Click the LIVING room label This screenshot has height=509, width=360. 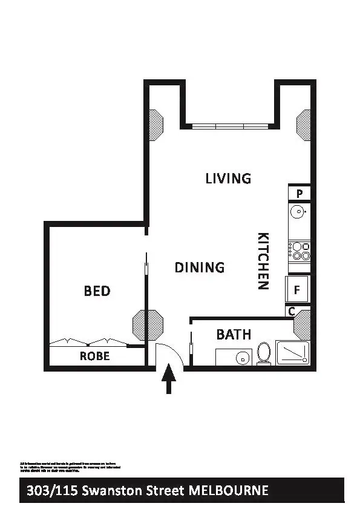228,179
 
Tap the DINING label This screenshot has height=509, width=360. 200,267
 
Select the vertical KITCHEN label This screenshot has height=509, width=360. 263,261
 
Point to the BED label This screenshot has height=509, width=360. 97,291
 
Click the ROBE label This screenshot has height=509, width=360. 95,356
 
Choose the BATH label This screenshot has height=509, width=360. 234,334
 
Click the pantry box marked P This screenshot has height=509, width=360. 299,194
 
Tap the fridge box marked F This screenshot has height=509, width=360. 297,289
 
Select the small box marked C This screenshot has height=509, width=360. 291,312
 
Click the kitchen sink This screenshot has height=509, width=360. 298,212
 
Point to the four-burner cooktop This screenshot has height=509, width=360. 299,251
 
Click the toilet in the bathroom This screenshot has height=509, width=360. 264,353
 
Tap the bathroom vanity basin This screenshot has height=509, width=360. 242,358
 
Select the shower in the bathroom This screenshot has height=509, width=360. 292,353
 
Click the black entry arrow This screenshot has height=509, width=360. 169,382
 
